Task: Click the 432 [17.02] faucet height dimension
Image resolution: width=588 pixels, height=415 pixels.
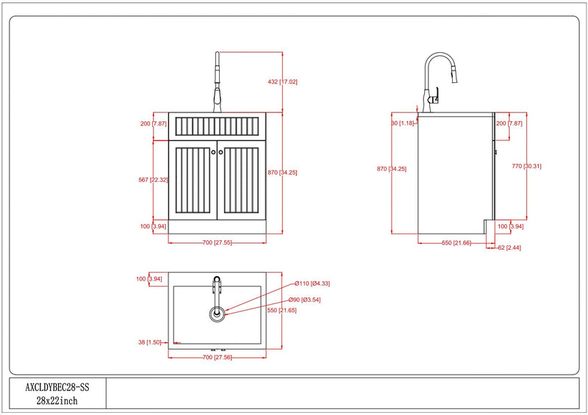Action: click(x=282, y=82)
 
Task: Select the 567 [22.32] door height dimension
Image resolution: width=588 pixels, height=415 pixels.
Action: click(x=153, y=180)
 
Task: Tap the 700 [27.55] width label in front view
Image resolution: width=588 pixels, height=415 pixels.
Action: click(x=217, y=242)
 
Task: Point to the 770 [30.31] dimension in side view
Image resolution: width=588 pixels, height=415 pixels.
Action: click(x=526, y=166)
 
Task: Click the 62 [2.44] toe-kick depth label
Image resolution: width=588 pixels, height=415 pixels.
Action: click(x=509, y=248)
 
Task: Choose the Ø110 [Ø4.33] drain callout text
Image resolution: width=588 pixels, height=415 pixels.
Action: click(x=312, y=284)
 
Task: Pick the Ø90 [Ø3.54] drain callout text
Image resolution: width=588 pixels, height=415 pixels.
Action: click(x=304, y=300)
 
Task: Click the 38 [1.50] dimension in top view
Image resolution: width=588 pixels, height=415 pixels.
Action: click(x=150, y=342)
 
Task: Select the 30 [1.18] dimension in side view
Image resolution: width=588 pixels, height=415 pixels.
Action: click(x=403, y=123)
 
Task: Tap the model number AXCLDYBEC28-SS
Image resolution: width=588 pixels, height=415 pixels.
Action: click(x=57, y=387)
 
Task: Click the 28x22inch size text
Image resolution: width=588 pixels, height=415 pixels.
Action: click(x=57, y=401)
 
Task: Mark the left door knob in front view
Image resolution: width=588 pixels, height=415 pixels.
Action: click(x=213, y=152)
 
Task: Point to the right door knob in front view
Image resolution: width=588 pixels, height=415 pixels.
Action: click(x=221, y=152)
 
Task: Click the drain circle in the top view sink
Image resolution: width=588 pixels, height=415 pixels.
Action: click(x=217, y=314)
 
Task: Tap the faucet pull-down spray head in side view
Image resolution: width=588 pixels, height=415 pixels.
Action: click(x=454, y=74)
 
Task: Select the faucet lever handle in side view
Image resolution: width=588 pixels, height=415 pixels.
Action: click(x=434, y=95)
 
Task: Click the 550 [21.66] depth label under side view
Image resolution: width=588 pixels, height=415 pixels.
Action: click(x=456, y=243)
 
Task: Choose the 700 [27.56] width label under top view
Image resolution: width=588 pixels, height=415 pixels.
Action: click(x=217, y=357)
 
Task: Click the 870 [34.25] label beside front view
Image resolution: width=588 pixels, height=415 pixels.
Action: click(x=282, y=173)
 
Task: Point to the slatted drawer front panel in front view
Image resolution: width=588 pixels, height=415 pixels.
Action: click(x=217, y=126)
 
